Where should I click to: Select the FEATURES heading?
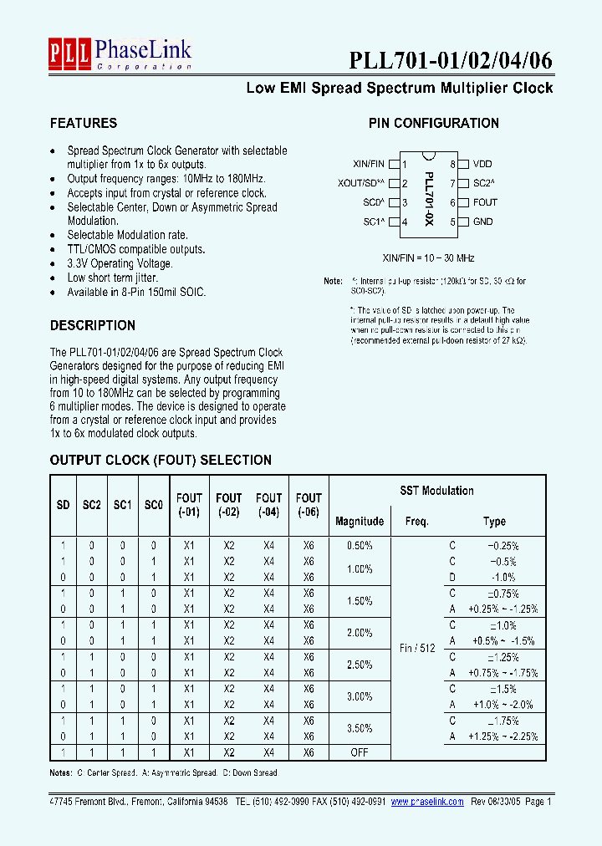(x=84, y=123)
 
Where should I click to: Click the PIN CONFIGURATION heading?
(x=433, y=123)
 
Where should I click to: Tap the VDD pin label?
(x=482, y=165)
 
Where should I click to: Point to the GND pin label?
(x=482, y=222)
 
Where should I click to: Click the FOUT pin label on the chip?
(x=485, y=202)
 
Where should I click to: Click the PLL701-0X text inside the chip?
(x=429, y=193)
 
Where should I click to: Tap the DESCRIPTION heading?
(x=92, y=325)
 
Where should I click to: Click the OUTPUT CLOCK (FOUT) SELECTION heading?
(x=161, y=460)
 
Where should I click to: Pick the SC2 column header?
(x=91, y=506)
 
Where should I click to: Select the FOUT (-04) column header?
(x=268, y=506)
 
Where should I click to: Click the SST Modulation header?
(x=436, y=491)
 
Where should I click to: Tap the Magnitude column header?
(x=360, y=521)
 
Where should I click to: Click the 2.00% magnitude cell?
(x=360, y=633)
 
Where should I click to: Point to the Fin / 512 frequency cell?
(x=416, y=648)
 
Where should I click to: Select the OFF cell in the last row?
(x=360, y=752)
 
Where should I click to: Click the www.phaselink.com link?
(x=427, y=801)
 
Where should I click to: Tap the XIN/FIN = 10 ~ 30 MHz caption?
(x=428, y=258)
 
